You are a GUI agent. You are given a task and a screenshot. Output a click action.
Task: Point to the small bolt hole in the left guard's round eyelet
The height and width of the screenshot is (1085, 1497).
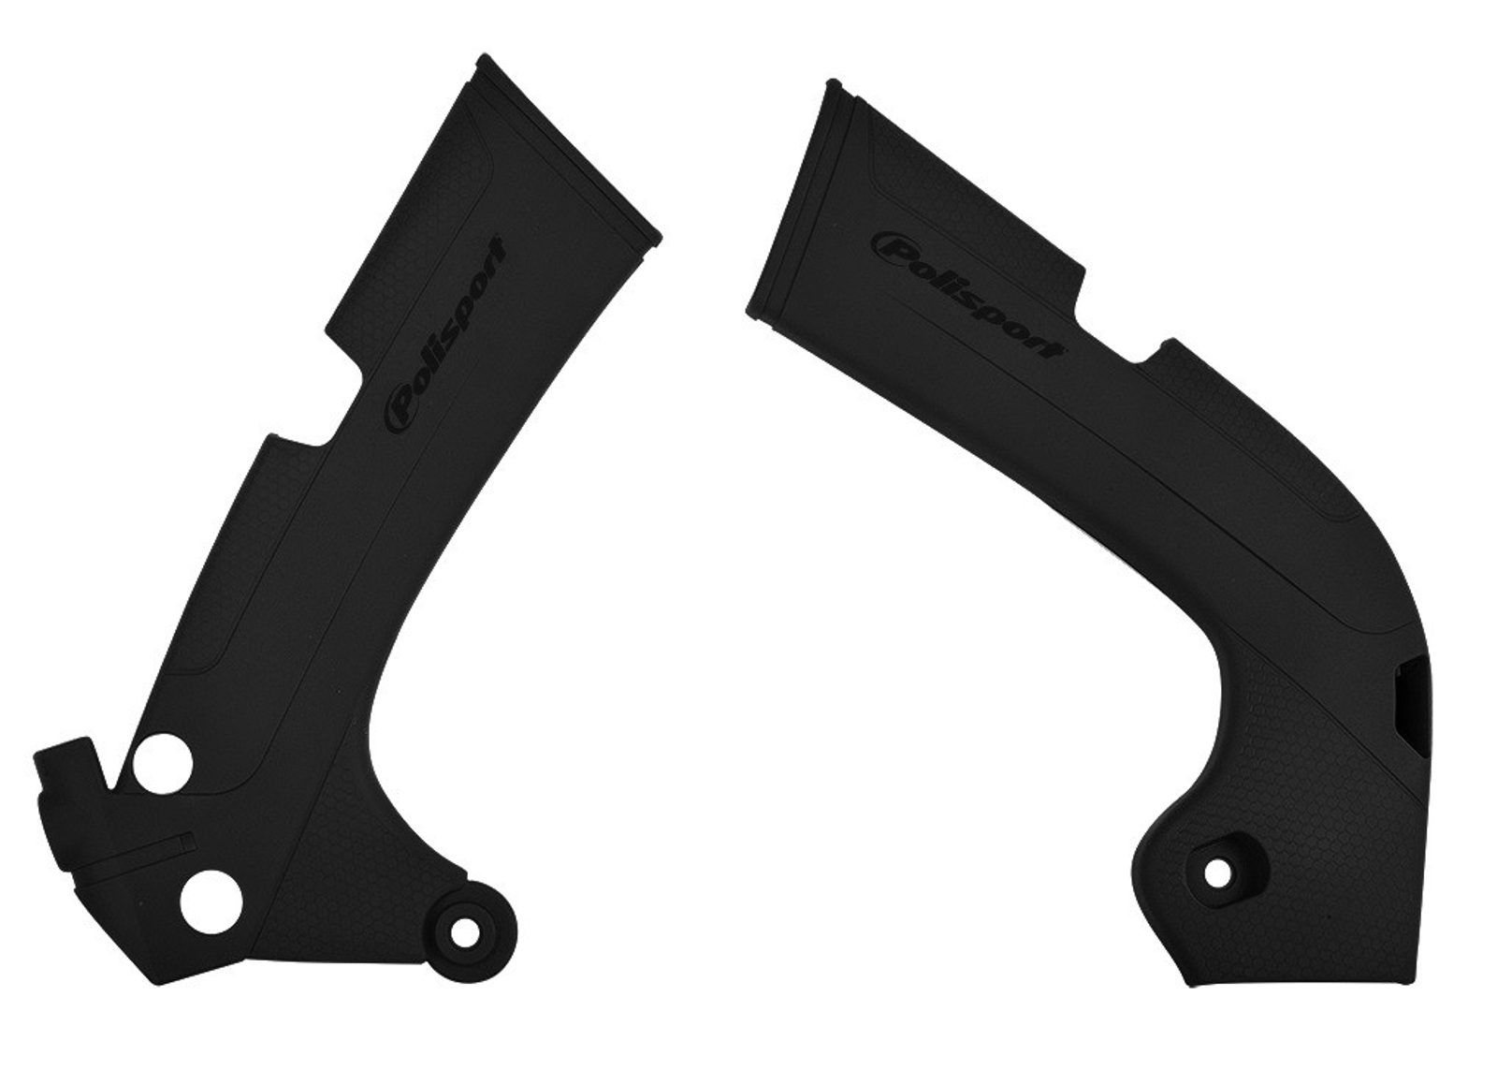coord(462,931)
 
